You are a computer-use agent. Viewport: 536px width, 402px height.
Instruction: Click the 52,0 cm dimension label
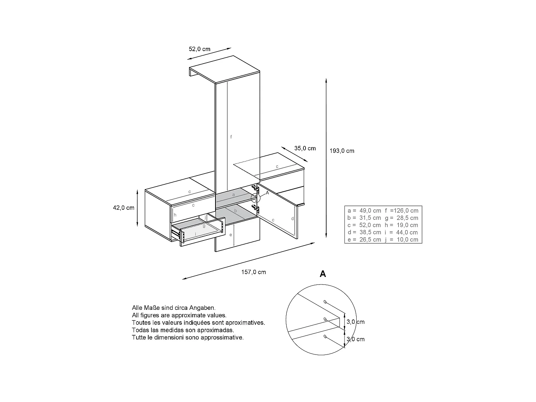[x=199, y=49]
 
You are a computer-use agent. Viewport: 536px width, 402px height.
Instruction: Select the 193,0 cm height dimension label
[x=342, y=151]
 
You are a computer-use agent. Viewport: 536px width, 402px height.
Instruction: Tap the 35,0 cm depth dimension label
[x=305, y=148]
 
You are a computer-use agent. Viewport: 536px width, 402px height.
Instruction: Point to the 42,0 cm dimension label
[x=124, y=208]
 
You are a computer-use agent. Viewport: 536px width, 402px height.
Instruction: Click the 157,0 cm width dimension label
[x=253, y=272]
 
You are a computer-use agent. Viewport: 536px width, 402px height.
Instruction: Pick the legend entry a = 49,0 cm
[x=364, y=211]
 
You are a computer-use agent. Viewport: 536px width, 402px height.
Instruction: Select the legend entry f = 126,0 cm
[x=401, y=211]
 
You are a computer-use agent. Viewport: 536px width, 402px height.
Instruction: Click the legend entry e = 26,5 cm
[x=364, y=240]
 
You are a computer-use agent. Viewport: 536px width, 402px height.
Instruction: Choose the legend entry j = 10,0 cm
[x=401, y=240]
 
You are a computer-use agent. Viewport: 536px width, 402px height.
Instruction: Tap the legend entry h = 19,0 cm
[x=401, y=225]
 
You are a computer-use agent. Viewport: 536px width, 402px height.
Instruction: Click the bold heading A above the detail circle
[x=323, y=274]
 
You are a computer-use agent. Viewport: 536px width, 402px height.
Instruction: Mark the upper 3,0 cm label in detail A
[x=356, y=322]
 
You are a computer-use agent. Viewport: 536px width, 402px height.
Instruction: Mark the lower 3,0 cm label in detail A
[x=356, y=339]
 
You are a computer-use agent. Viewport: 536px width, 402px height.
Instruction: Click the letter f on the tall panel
[x=231, y=137]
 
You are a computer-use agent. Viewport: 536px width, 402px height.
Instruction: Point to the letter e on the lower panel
[x=231, y=235]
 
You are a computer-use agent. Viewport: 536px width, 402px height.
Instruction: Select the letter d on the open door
[x=292, y=219]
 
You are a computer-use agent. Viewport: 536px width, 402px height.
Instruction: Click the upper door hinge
[x=255, y=187]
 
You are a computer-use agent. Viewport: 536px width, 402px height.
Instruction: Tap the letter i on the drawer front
[x=195, y=234]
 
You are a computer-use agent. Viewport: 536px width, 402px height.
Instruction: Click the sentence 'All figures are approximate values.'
[x=179, y=315]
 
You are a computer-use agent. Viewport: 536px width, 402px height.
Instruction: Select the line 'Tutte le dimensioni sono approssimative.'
[x=188, y=337]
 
